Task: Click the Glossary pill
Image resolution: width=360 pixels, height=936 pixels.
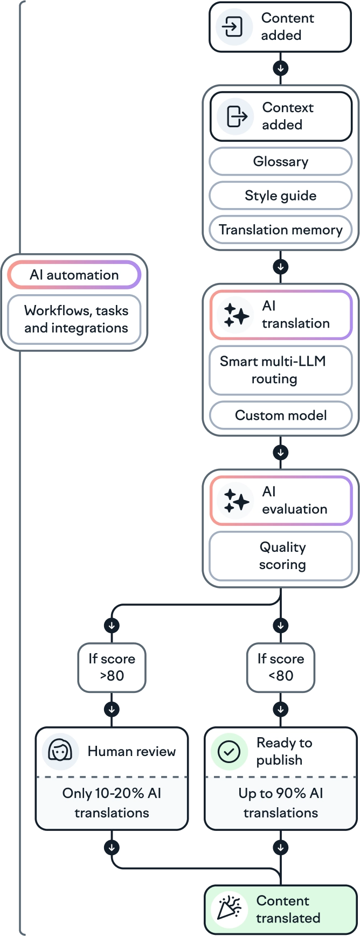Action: (280, 162)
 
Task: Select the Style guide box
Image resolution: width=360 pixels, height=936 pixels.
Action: (280, 196)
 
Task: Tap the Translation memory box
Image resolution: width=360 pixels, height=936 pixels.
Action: (280, 230)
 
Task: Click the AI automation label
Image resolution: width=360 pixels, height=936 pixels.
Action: (74, 275)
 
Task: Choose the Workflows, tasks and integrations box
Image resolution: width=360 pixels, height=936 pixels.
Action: (75, 320)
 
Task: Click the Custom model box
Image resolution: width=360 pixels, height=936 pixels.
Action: (280, 415)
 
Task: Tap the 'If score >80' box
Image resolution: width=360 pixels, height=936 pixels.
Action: (112, 667)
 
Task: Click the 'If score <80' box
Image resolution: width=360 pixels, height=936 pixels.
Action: (281, 667)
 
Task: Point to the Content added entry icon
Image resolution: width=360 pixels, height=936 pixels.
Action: (233, 27)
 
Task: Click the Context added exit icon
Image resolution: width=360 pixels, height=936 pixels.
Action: (236, 116)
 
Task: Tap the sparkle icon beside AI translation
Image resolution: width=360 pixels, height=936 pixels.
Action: (236, 315)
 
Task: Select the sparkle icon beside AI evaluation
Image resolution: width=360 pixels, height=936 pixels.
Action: (236, 501)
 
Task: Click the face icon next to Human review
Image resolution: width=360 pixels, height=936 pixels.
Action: (60, 751)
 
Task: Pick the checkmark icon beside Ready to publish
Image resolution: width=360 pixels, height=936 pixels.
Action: (229, 751)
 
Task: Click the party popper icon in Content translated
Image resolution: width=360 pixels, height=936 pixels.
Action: (229, 909)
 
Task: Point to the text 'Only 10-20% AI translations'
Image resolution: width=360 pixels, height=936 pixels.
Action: (112, 803)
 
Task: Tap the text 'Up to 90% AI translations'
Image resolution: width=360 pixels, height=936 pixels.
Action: (280, 803)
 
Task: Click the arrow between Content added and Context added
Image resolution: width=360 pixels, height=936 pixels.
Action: (280, 69)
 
